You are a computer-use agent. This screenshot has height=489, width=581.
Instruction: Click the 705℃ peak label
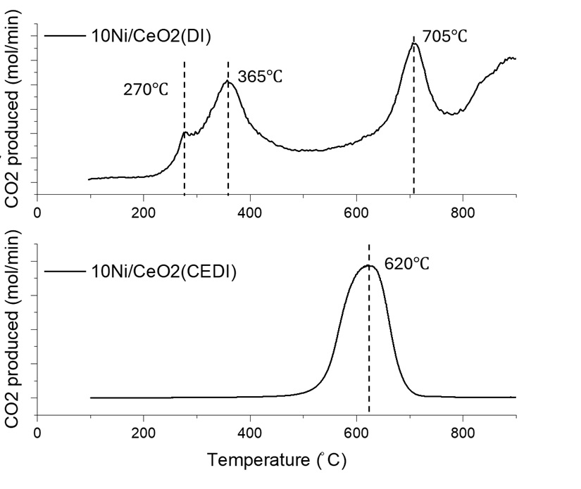(x=445, y=36)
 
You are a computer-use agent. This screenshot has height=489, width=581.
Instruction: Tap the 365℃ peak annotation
(x=260, y=77)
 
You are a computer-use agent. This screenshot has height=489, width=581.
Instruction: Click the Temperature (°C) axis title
(x=277, y=461)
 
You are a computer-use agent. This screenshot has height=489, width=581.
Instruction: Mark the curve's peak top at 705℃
(x=415, y=44)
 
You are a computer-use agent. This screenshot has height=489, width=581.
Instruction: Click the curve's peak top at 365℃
(x=227, y=82)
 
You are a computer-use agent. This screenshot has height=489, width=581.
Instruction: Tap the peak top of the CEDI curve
(x=368, y=265)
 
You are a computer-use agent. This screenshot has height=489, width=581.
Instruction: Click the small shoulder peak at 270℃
(x=185, y=132)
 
